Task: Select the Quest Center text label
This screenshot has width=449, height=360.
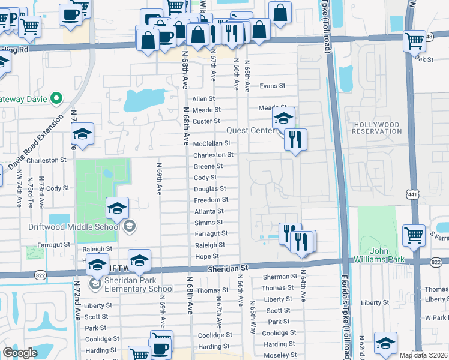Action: point(250,131)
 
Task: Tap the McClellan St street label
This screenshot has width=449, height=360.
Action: point(211,143)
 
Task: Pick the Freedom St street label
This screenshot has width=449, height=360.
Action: point(210,200)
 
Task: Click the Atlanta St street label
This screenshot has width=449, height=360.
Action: point(209,211)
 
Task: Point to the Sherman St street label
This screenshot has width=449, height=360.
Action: point(276,277)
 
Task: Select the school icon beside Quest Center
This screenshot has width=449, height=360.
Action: point(283,118)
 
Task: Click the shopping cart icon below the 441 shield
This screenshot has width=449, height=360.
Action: point(414,235)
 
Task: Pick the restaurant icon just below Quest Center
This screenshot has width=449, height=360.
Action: point(295,140)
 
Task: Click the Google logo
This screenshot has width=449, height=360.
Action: point(20,353)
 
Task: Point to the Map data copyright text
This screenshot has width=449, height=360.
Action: point(423,355)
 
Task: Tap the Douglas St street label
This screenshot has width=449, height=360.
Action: point(209,189)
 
